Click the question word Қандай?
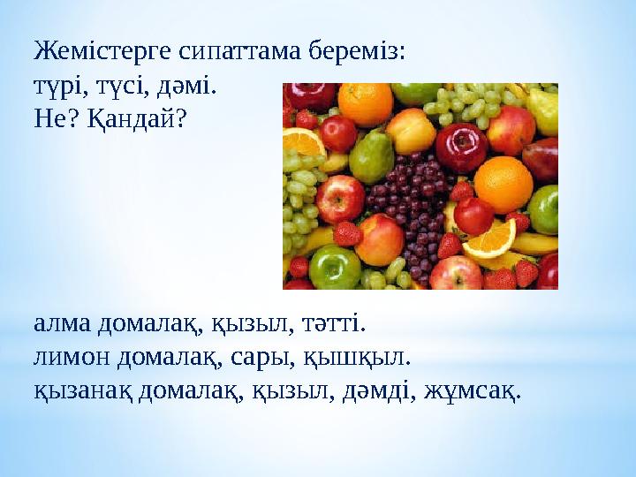[x=137, y=119]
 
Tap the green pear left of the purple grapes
[x=372, y=157]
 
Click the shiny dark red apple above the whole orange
[x=461, y=146]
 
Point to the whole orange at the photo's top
[x=365, y=102]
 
